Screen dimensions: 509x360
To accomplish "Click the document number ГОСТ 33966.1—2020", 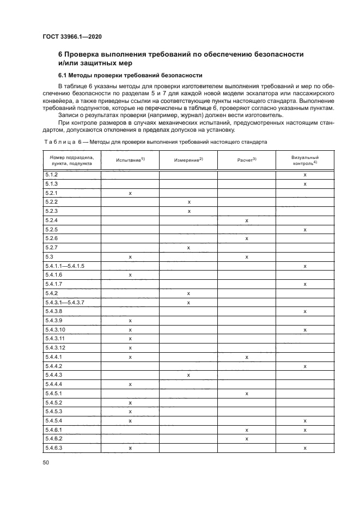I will [x=72, y=37].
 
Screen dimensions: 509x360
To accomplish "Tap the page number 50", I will [x=46, y=462].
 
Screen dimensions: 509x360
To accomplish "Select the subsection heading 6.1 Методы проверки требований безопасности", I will [x=130, y=75].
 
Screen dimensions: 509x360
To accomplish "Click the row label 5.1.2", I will [x=51, y=174].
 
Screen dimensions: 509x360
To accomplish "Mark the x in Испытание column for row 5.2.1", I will [x=130, y=193].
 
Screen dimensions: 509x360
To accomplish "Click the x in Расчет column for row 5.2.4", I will [x=247, y=220].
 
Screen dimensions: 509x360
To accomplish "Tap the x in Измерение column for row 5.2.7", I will [x=188, y=247].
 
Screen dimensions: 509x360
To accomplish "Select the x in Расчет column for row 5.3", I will [x=247, y=256].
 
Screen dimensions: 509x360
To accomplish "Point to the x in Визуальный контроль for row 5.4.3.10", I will [x=305, y=329].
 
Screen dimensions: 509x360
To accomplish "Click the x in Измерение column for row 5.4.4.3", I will [x=188, y=375].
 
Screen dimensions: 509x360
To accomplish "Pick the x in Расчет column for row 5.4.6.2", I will [x=247, y=438].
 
